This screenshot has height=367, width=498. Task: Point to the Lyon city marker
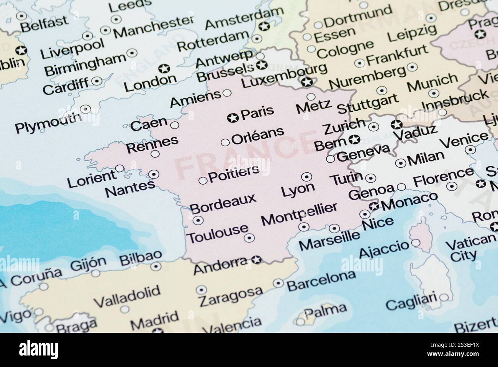(x=306, y=177)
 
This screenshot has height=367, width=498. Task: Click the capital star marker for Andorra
(x=256, y=260)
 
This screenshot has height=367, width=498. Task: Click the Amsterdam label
(x=244, y=17)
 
